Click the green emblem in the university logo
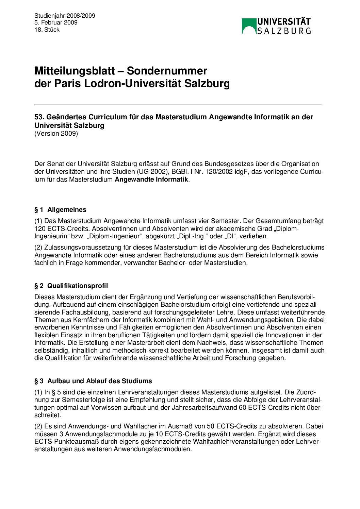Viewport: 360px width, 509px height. pyautogui.click(x=249, y=26)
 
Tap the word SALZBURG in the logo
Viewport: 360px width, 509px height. pyautogui.click(x=284, y=31)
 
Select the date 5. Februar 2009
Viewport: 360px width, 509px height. pyautogui.click(x=56, y=22)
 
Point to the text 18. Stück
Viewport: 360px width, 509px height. pyautogui.click(x=47, y=30)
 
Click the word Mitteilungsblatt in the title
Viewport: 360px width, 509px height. pyautogui.click(x=75, y=71)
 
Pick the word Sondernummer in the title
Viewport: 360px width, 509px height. pyautogui.click(x=167, y=71)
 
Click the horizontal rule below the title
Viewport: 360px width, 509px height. pyautogui.click(x=178, y=104)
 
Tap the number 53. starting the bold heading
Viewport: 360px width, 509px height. pyautogui.click(x=39, y=117)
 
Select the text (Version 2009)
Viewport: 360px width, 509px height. pyautogui.click(x=56, y=133)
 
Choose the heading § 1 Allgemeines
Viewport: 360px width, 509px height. pyautogui.click(x=60, y=210)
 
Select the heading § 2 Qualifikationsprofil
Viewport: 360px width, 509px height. pyautogui.click(x=71, y=286)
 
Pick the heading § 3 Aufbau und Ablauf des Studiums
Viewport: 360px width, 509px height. pyautogui.click(x=93, y=381)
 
